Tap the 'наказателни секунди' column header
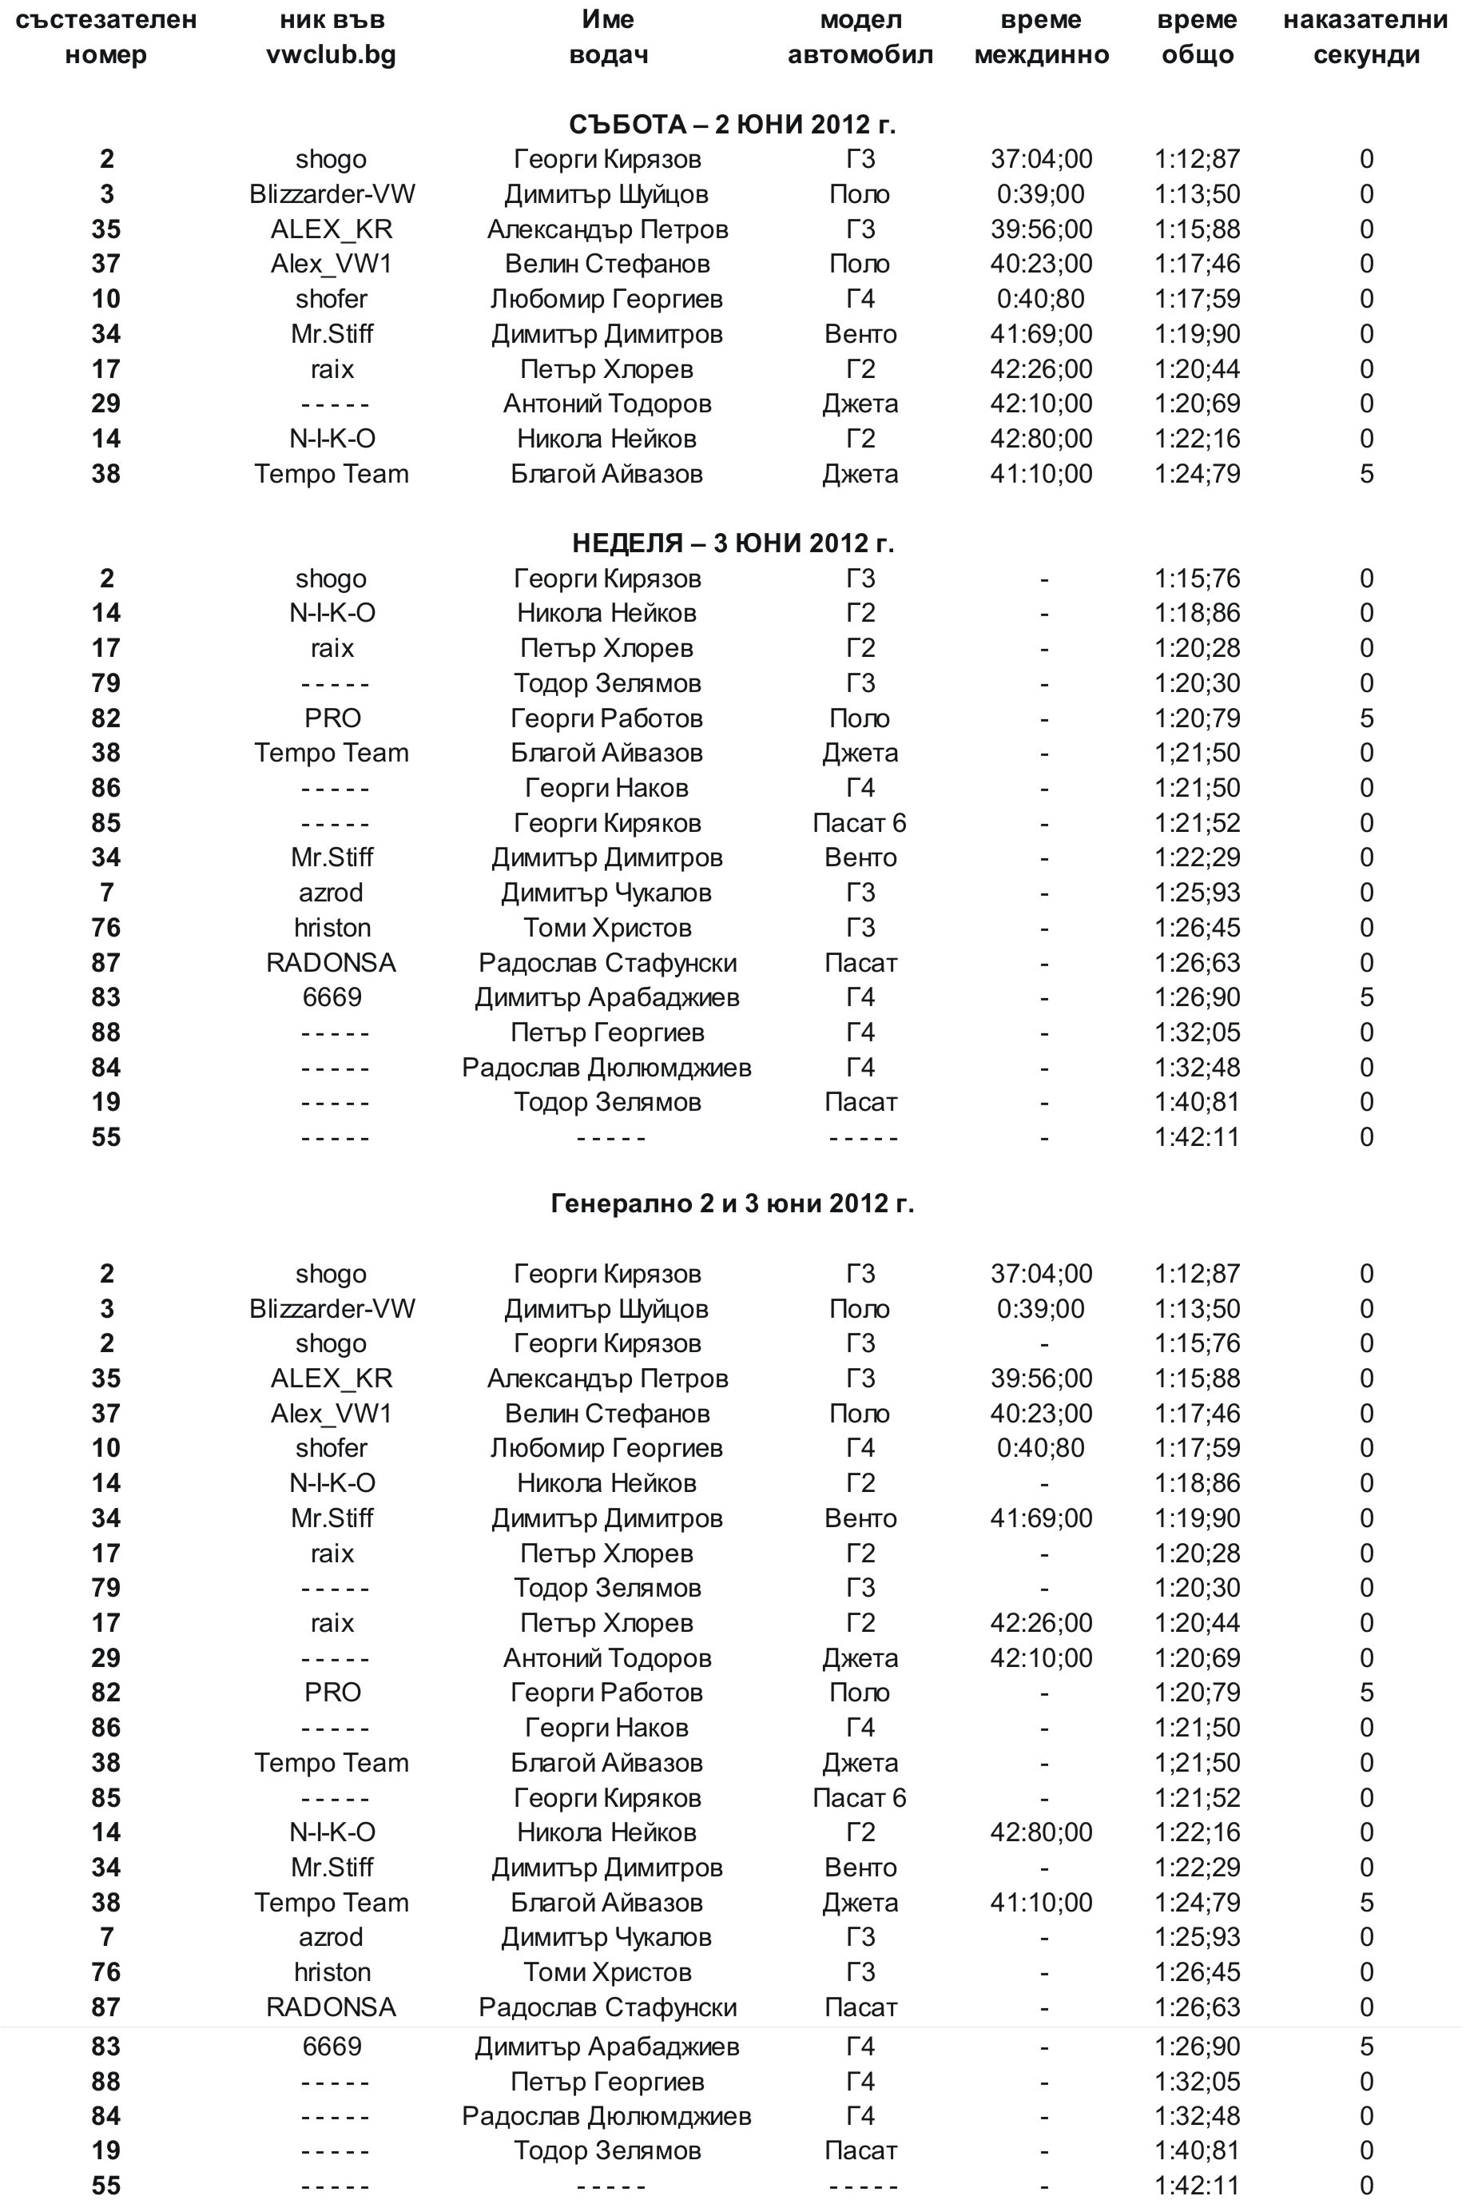point(1365,38)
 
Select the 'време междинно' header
point(1041,38)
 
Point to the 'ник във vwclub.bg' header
point(331,38)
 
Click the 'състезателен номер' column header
point(105,38)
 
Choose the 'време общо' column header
point(1197,38)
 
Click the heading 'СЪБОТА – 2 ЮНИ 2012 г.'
point(732,125)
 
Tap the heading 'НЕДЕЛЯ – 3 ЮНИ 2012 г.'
point(732,543)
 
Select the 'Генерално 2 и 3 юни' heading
point(732,1203)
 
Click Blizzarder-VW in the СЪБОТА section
point(332,194)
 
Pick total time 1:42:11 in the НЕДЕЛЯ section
point(1197,1137)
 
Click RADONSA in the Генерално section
point(331,2007)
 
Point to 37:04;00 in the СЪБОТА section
point(1041,159)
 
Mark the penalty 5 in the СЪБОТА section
point(1366,474)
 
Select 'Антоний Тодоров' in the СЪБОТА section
point(607,404)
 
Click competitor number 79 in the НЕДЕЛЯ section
point(105,683)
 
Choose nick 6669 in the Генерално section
point(331,2046)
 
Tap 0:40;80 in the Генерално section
point(1041,1447)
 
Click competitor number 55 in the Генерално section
point(105,2186)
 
